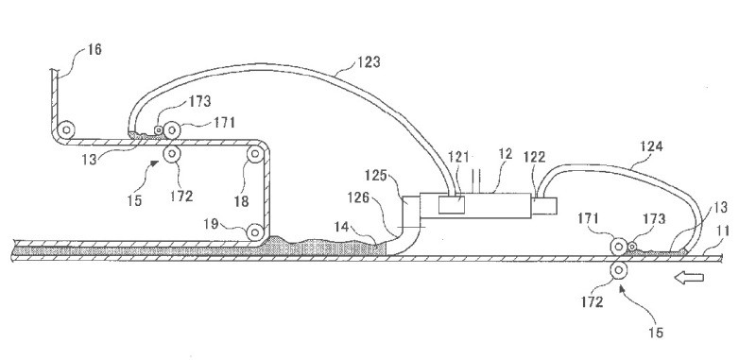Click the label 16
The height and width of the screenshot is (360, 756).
click(x=94, y=49)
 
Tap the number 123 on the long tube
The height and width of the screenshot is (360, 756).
click(x=369, y=61)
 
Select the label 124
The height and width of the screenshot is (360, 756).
click(x=651, y=146)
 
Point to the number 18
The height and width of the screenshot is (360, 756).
click(x=241, y=201)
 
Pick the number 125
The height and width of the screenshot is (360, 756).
click(x=375, y=176)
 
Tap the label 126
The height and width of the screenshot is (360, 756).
click(x=359, y=197)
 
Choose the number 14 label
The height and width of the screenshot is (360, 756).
click(x=343, y=225)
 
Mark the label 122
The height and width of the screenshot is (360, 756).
click(x=534, y=157)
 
